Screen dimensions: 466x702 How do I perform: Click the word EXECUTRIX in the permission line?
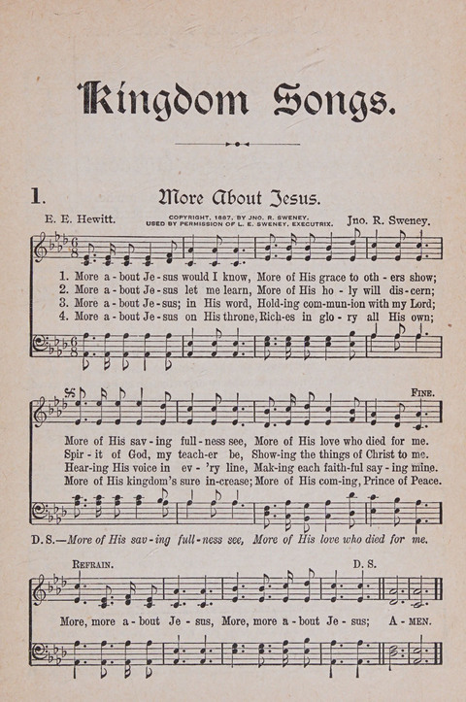(310, 223)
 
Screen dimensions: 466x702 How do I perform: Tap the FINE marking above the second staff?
(422, 392)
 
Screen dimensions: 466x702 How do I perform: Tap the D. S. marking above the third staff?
(364, 564)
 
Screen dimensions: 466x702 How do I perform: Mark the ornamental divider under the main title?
(232, 144)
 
